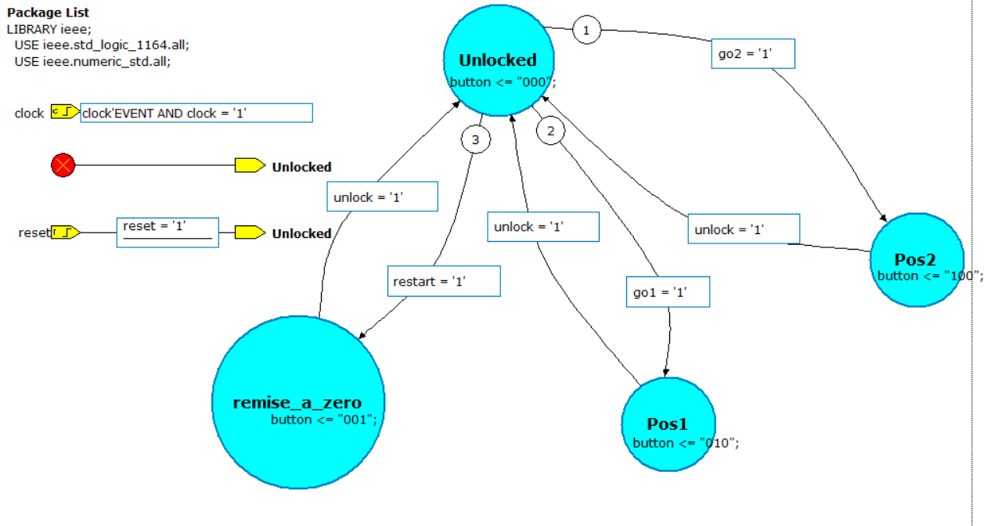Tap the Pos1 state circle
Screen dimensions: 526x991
coord(668,424)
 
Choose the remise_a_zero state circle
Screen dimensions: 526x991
coord(298,402)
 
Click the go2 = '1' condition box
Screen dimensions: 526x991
coord(753,54)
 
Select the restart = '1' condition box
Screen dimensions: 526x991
coord(444,281)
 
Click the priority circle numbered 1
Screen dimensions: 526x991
coord(586,31)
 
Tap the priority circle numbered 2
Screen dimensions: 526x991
coord(550,131)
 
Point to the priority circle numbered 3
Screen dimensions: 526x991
coord(475,139)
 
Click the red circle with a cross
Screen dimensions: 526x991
coord(63,166)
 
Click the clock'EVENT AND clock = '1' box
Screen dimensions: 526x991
coord(196,113)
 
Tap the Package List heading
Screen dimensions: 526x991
coord(48,13)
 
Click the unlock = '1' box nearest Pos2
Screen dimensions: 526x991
coord(744,229)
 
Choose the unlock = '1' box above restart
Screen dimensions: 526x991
coord(382,197)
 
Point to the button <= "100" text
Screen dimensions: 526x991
coord(930,276)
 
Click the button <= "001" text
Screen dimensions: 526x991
coord(324,420)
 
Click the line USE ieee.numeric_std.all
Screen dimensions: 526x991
coord(92,60)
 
